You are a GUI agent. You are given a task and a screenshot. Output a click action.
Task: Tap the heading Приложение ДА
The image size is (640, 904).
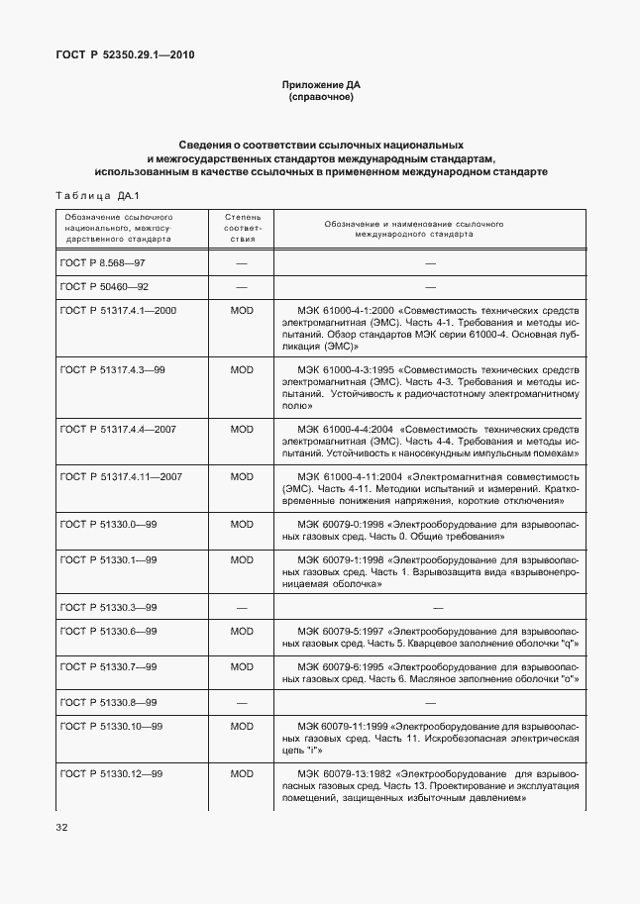(319, 86)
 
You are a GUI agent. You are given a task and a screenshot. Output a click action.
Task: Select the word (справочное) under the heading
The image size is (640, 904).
(319, 99)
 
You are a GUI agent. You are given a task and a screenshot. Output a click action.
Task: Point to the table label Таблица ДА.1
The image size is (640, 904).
(98, 195)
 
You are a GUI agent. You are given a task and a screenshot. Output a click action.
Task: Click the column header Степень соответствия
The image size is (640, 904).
(242, 227)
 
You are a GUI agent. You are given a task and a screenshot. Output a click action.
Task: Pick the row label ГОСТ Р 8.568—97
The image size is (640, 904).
(103, 263)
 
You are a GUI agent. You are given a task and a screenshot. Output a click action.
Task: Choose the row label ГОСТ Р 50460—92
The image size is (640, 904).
(104, 287)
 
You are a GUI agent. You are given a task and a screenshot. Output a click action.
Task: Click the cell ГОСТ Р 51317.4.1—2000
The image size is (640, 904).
(118, 311)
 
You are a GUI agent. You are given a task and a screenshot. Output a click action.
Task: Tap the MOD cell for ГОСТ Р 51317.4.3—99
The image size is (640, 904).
(242, 369)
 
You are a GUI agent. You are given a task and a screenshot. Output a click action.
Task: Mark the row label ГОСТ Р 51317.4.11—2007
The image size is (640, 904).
(121, 476)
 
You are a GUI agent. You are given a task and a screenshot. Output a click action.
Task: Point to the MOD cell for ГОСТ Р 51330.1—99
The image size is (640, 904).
(242, 559)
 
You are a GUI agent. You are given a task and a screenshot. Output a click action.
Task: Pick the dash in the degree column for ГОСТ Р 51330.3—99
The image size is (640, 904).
(242, 607)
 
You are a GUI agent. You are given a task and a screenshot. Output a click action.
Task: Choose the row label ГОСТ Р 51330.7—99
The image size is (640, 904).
(109, 666)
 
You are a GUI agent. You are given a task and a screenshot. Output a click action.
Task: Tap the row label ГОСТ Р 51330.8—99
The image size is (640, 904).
(109, 702)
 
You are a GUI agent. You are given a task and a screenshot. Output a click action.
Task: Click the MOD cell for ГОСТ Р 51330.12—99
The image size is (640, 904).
(242, 773)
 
